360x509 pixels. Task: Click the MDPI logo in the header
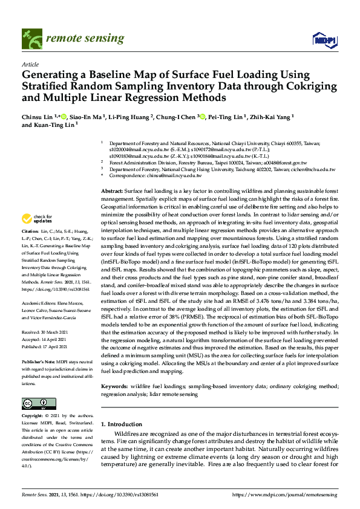(324, 40)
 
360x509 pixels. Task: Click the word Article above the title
(30, 63)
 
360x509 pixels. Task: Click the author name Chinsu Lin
(38, 116)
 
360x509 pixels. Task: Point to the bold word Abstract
(112, 190)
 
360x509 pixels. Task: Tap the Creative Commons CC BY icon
(35, 403)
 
